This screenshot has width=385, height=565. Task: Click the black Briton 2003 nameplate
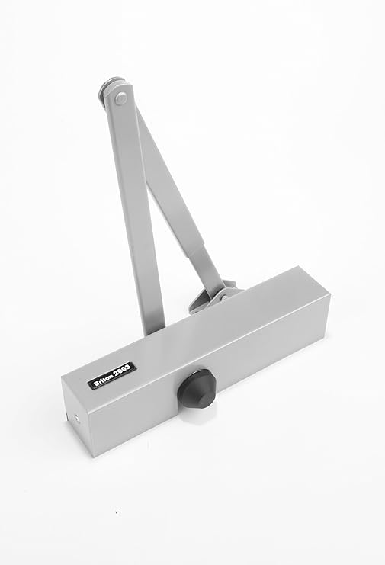(112, 375)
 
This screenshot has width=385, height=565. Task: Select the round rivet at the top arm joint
(120, 98)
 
